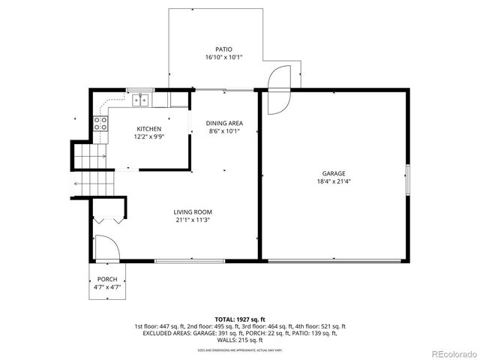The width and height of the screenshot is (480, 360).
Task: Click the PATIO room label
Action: [x=224, y=49]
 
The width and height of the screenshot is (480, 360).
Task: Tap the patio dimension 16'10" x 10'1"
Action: [x=224, y=57]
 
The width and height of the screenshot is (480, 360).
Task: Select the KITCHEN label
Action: [x=148, y=129]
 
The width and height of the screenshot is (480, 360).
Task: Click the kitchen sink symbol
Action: [x=141, y=100]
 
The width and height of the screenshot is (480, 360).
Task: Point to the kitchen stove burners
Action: [x=99, y=124]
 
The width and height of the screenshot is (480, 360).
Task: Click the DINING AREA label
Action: [x=224, y=123]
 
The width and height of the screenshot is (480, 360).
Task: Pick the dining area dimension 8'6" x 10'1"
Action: [x=224, y=131]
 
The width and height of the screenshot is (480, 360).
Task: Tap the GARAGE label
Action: [x=334, y=173]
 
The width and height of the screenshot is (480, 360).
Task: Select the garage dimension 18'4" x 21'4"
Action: [x=334, y=181]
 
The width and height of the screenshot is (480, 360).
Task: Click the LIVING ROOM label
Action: [x=193, y=212]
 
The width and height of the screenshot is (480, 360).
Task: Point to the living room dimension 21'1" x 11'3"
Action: [x=193, y=220]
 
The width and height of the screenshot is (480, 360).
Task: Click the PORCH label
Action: [x=106, y=278]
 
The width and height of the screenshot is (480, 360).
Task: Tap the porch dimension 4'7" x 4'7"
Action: [x=106, y=286]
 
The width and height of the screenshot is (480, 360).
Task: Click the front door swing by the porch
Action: [x=105, y=247]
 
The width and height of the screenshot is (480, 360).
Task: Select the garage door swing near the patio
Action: [x=277, y=88]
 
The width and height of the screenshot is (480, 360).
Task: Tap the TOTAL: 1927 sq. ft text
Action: [x=239, y=319]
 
